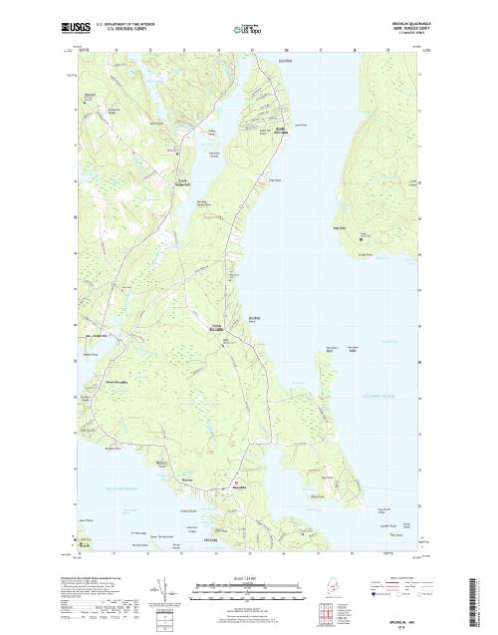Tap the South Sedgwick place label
(181, 179)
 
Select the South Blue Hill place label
(281, 131)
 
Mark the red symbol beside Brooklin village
(236, 485)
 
